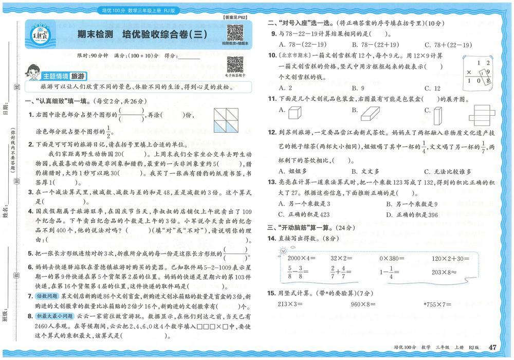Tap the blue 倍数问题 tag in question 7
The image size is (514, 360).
(x=47, y=297)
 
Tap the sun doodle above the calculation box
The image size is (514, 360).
(x=282, y=250)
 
